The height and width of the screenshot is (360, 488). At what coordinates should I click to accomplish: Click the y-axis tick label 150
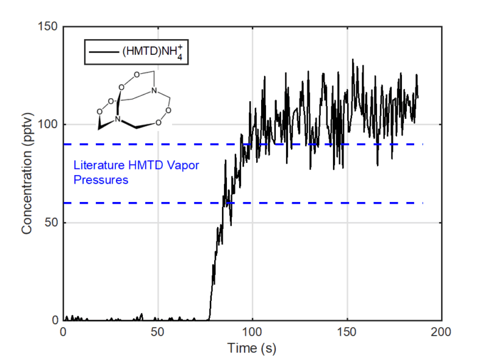47,27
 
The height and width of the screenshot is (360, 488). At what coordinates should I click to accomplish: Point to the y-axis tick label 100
47,125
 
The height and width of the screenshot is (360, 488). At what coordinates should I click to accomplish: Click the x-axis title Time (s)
252,348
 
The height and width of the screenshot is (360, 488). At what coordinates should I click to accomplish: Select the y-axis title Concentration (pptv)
26,174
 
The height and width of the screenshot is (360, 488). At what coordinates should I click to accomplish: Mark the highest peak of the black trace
352,60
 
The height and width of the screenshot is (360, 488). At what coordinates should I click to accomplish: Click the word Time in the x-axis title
240,348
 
